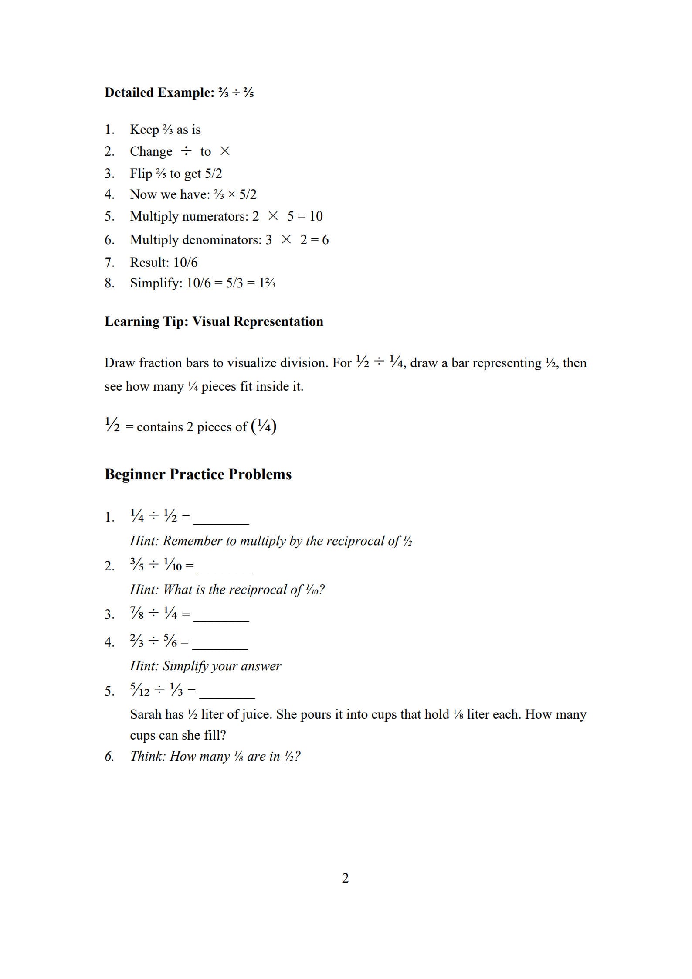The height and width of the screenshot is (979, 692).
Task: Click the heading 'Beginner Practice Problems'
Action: click(x=198, y=474)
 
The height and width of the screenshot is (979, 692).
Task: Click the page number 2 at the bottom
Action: click(x=345, y=878)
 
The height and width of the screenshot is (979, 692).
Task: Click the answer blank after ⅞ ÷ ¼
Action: click(x=221, y=617)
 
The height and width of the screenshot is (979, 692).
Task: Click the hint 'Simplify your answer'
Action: click(x=222, y=666)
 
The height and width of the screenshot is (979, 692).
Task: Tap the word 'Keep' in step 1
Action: click(x=144, y=130)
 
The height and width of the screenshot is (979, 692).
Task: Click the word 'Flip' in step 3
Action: click(x=140, y=174)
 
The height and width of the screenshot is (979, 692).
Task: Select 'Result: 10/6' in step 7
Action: click(x=163, y=263)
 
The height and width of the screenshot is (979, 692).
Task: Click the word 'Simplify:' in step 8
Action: click(x=156, y=283)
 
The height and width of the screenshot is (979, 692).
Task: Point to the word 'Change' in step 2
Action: click(x=151, y=151)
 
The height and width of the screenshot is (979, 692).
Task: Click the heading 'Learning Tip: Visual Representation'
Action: click(x=214, y=321)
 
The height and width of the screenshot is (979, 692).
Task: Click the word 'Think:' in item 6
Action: click(x=148, y=756)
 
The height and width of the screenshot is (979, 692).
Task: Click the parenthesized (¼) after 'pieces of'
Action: click(x=264, y=426)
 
